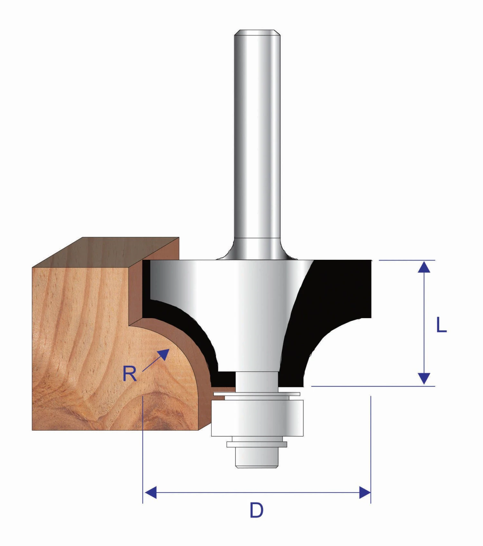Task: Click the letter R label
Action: click(x=130, y=374)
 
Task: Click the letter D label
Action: click(x=257, y=510)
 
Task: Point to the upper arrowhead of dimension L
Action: click(x=424, y=267)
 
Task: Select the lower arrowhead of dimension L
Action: click(x=424, y=379)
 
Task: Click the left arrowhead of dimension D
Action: click(x=151, y=492)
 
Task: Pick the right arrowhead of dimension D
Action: click(x=365, y=492)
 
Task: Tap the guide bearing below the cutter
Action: click(x=257, y=418)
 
